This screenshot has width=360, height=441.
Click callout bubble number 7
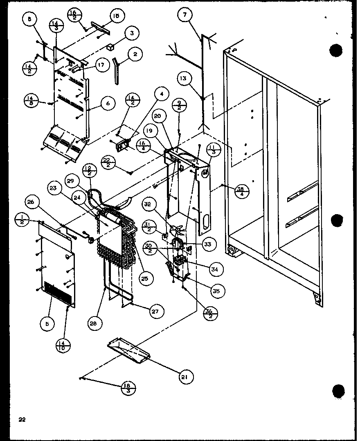pyautogui.click(x=185, y=16)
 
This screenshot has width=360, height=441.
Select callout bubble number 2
pyautogui.click(x=134, y=54)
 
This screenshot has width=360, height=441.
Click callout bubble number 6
pyautogui.click(x=108, y=104)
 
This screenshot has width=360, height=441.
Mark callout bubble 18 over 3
pyautogui.click(x=129, y=387)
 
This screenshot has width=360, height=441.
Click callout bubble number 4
pyautogui.click(x=162, y=95)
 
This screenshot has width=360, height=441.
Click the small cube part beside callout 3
pyautogui.click(x=110, y=47)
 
